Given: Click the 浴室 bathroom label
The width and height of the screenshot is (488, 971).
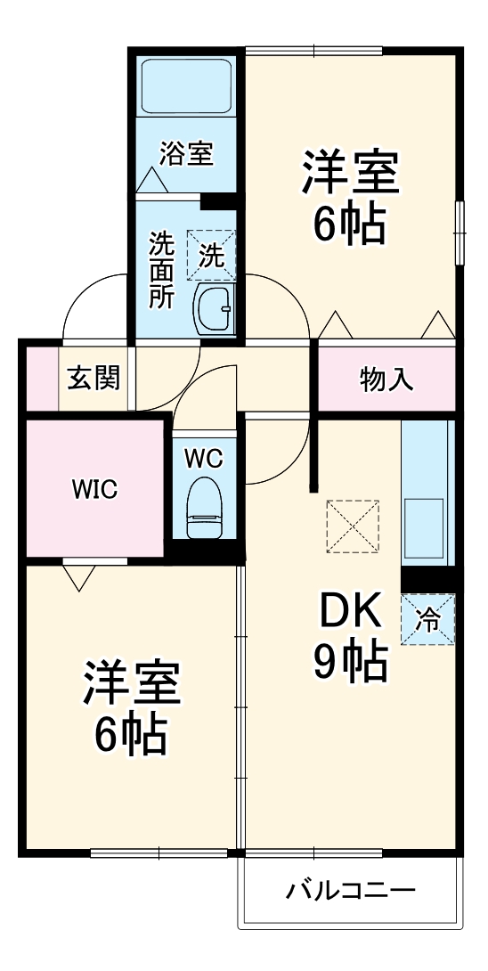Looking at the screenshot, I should point(186,153).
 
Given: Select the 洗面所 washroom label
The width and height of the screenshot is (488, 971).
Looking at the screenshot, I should point(161,270).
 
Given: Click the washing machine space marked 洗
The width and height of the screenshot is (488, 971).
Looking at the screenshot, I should point(211,255).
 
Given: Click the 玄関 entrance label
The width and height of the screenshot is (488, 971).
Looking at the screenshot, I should point(94,378).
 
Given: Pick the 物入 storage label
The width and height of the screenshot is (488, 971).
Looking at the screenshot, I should point(386,379).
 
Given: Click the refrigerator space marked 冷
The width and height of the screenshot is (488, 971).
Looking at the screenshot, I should point(428,619).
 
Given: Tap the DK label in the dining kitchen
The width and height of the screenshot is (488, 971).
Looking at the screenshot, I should point(350,610).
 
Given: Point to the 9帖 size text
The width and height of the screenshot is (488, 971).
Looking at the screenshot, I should point(350,660).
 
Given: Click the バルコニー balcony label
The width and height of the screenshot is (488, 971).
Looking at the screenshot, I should point(351,890).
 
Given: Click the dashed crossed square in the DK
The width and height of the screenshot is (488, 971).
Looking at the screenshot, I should point(354,526).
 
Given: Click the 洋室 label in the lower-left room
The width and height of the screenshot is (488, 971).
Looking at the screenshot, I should point(132,684).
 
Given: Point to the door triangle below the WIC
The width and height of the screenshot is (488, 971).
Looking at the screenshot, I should point(79,577).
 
